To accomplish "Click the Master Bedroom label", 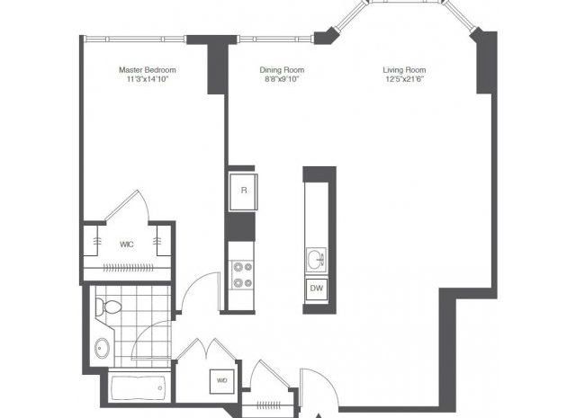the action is [148, 70].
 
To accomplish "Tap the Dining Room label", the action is [282, 70].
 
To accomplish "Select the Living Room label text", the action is [404, 70].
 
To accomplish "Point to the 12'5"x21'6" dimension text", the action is [404, 79].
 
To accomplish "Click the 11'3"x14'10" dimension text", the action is [148, 79].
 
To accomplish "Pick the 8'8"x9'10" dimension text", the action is [282, 79].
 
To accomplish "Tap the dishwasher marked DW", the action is [317, 289].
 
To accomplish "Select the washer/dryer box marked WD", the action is [221, 381].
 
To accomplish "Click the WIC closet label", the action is [126, 244].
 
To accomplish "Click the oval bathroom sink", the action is [102, 348].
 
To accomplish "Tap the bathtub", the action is [138, 388].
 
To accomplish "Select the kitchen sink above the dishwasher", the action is [316, 260].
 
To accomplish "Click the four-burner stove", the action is [242, 274].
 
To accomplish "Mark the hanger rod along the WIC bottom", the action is [128, 268].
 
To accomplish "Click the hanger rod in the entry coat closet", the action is [268, 405].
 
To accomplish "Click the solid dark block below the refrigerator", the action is [240, 227].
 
